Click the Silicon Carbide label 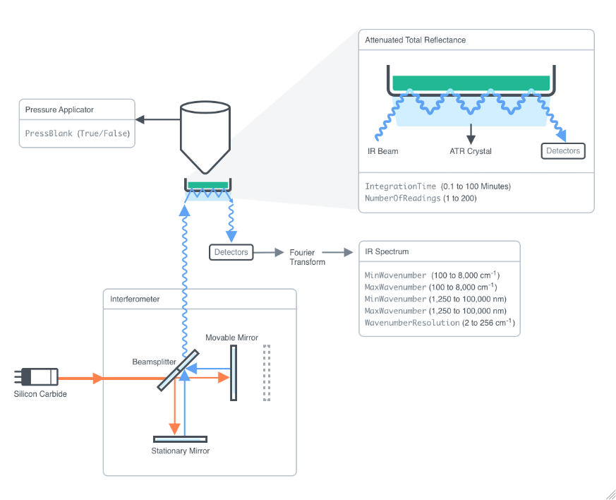[40, 394]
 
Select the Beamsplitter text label [154, 362]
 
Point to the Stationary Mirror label [181, 451]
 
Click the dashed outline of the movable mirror [266, 373]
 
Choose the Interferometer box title [135, 299]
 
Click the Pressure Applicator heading [59, 109]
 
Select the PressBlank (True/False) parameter [78, 133]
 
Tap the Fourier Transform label [307, 257]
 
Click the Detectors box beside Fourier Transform [231, 252]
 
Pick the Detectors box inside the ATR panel [563, 150]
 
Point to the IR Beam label [383, 151]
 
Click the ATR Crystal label [471, 151]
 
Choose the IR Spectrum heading [387, 251]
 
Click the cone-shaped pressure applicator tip [205, 141]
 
